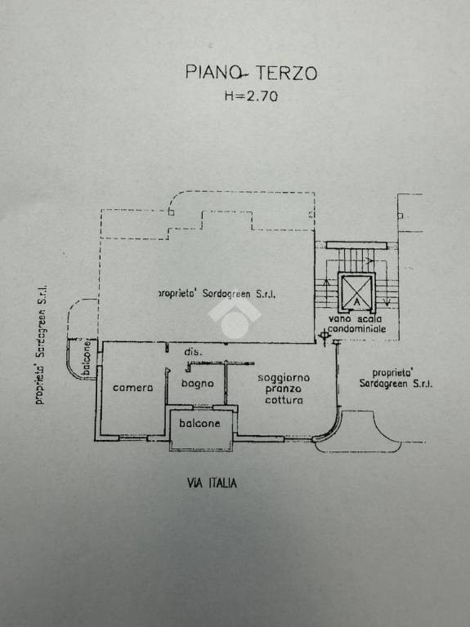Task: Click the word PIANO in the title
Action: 213,73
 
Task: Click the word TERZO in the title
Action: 287,73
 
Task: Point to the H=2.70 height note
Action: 251,96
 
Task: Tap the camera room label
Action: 132,388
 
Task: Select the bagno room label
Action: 197,384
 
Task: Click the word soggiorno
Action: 284,378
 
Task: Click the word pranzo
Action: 284,389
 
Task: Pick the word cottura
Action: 284,400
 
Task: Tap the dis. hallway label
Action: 193,352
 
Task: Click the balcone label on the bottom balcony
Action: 199,423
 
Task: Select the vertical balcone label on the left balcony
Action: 87,357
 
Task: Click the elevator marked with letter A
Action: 356,292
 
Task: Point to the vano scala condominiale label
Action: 356,324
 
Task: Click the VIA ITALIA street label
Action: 212,483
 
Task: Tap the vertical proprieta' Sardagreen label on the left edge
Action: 41,345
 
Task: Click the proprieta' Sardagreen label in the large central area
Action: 217,294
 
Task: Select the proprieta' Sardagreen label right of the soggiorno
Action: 396,378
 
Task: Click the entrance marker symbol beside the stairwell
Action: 324,337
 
